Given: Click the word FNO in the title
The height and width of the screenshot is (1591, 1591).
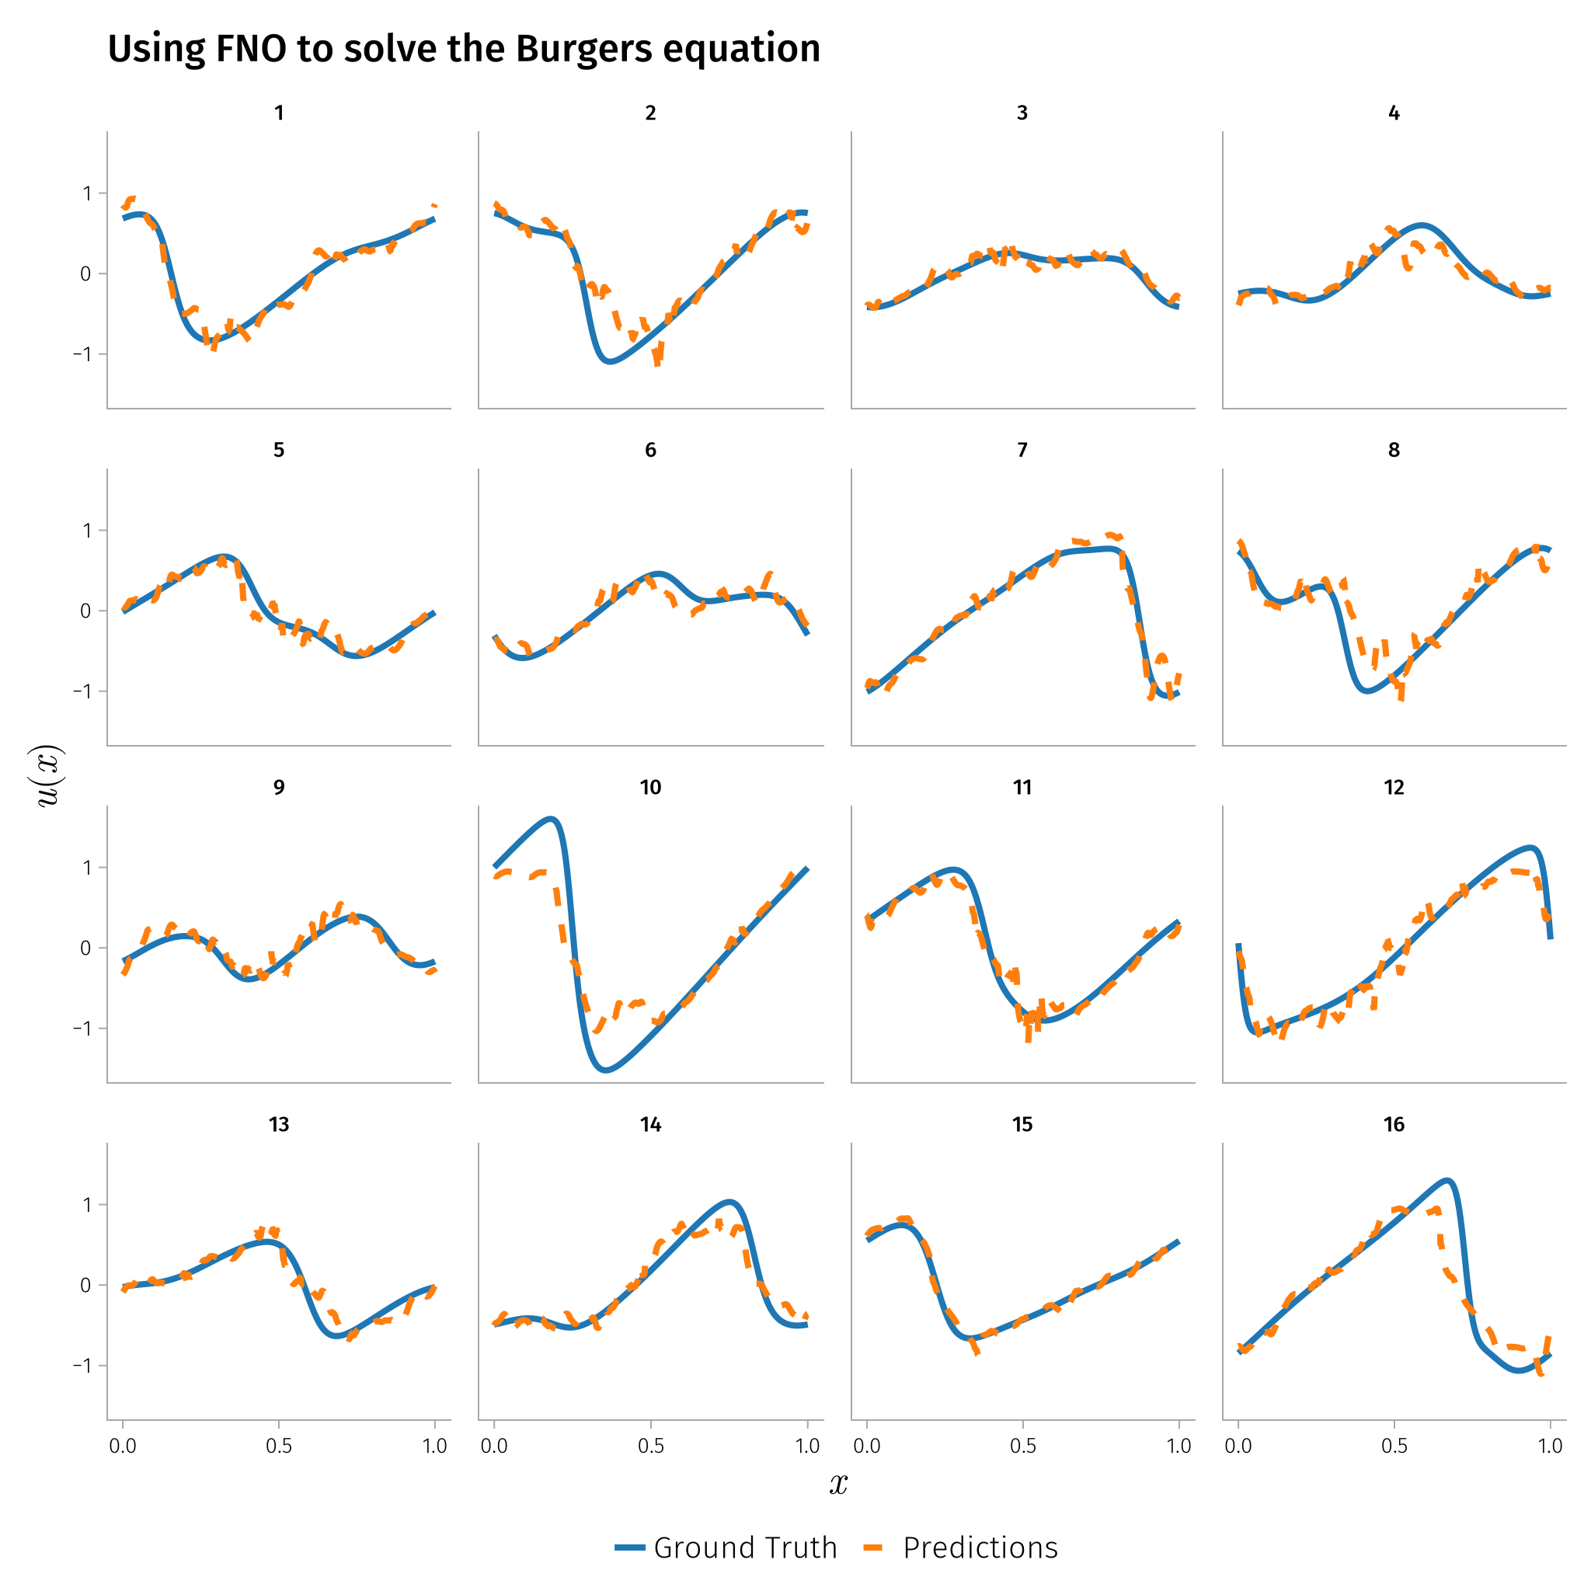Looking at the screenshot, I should tap(251, 50).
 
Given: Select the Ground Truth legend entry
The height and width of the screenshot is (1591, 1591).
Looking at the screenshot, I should tap(726, 1547).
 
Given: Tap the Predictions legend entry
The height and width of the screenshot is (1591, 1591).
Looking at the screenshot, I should tap(960, 1547).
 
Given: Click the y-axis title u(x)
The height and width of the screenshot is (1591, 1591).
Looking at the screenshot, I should tap(50, 776).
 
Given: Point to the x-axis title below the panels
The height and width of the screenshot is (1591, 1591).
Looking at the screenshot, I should tap(837, 1483).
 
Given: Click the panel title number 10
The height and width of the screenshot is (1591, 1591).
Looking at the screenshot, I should tap(650, 787).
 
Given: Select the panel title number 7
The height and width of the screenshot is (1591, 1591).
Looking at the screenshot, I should tap(1022, 450).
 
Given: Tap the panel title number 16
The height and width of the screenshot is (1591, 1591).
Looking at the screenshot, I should tap(1394, 1124).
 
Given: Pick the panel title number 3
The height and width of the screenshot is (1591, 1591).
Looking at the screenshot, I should tap(1022, 113).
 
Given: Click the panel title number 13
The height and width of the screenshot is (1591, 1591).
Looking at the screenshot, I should tap(279, 1124).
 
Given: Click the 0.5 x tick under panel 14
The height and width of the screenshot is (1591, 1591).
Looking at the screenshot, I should tap(650, 1446).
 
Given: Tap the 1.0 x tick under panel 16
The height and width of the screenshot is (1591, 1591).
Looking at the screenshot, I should tap(1551, 1446).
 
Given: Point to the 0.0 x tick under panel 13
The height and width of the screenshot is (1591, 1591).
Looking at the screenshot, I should tap(123, 1446).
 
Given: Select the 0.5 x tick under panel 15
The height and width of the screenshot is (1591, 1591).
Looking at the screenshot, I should tap(1023, 1446).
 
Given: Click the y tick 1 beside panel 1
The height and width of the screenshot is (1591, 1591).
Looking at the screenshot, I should tap(86, 193).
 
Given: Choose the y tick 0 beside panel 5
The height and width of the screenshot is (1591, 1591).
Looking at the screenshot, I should tap(85, 611).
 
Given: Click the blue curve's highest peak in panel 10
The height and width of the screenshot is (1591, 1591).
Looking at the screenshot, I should tap(551, 819).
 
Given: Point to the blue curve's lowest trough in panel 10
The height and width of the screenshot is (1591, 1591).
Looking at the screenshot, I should tap(606, 1070).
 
